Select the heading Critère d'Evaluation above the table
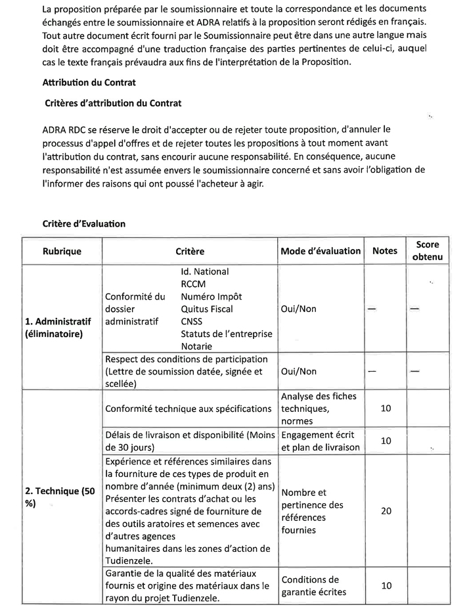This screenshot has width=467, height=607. tap(84, 223)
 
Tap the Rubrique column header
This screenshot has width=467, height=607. tap(62, 251)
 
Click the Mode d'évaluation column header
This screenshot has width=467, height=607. tap(321, 251)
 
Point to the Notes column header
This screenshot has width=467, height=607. tap(385, 251)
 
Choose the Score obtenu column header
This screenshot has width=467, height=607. tap(428, 250)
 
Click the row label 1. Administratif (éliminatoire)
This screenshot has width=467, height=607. tap(62, 327)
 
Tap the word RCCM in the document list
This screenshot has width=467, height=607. tap(194, 284)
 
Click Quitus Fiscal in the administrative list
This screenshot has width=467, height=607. tap(206, 309)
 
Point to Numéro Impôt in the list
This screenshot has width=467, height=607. tap(211, 296)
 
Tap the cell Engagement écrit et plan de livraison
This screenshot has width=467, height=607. tap(321, 441)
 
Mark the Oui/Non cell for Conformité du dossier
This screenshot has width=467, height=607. tap(298, 308)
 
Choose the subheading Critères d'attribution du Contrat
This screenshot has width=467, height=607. tap(113, 103)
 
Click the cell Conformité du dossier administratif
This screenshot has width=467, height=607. tap(135, 309)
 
